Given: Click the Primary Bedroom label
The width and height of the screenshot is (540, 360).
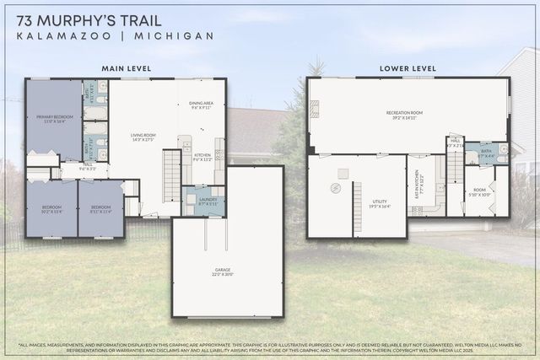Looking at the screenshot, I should (x=53, y=119).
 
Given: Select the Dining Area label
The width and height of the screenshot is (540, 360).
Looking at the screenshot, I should (x=202, y=105).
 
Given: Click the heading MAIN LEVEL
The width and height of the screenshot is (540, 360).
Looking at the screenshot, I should (x=125, y=67).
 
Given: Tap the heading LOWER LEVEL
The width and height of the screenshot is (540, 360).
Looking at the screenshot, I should (x=408, y=67).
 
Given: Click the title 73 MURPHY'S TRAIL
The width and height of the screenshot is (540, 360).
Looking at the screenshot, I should (x=94, y=17).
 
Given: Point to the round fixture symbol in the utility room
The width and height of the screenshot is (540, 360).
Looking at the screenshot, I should (x=333, y=187).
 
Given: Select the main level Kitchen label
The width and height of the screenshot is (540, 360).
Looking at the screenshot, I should (x=202, y=157).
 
